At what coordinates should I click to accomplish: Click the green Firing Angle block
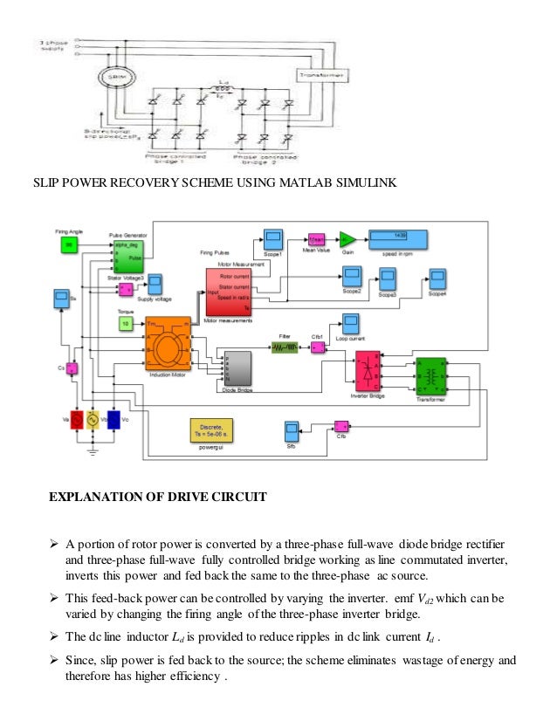[70, 247]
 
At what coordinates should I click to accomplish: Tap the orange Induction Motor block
[168, 344]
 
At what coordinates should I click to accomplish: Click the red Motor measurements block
[229, 293]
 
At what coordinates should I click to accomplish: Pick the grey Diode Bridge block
[238, 369]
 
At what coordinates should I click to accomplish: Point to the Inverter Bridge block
[367, 371]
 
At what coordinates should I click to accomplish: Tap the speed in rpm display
[397, 237]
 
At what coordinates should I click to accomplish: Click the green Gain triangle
[346, 237]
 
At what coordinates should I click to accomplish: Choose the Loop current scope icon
[351, 322]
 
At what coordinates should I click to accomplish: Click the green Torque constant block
[127, 324]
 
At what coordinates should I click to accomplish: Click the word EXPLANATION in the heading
[96, 498]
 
